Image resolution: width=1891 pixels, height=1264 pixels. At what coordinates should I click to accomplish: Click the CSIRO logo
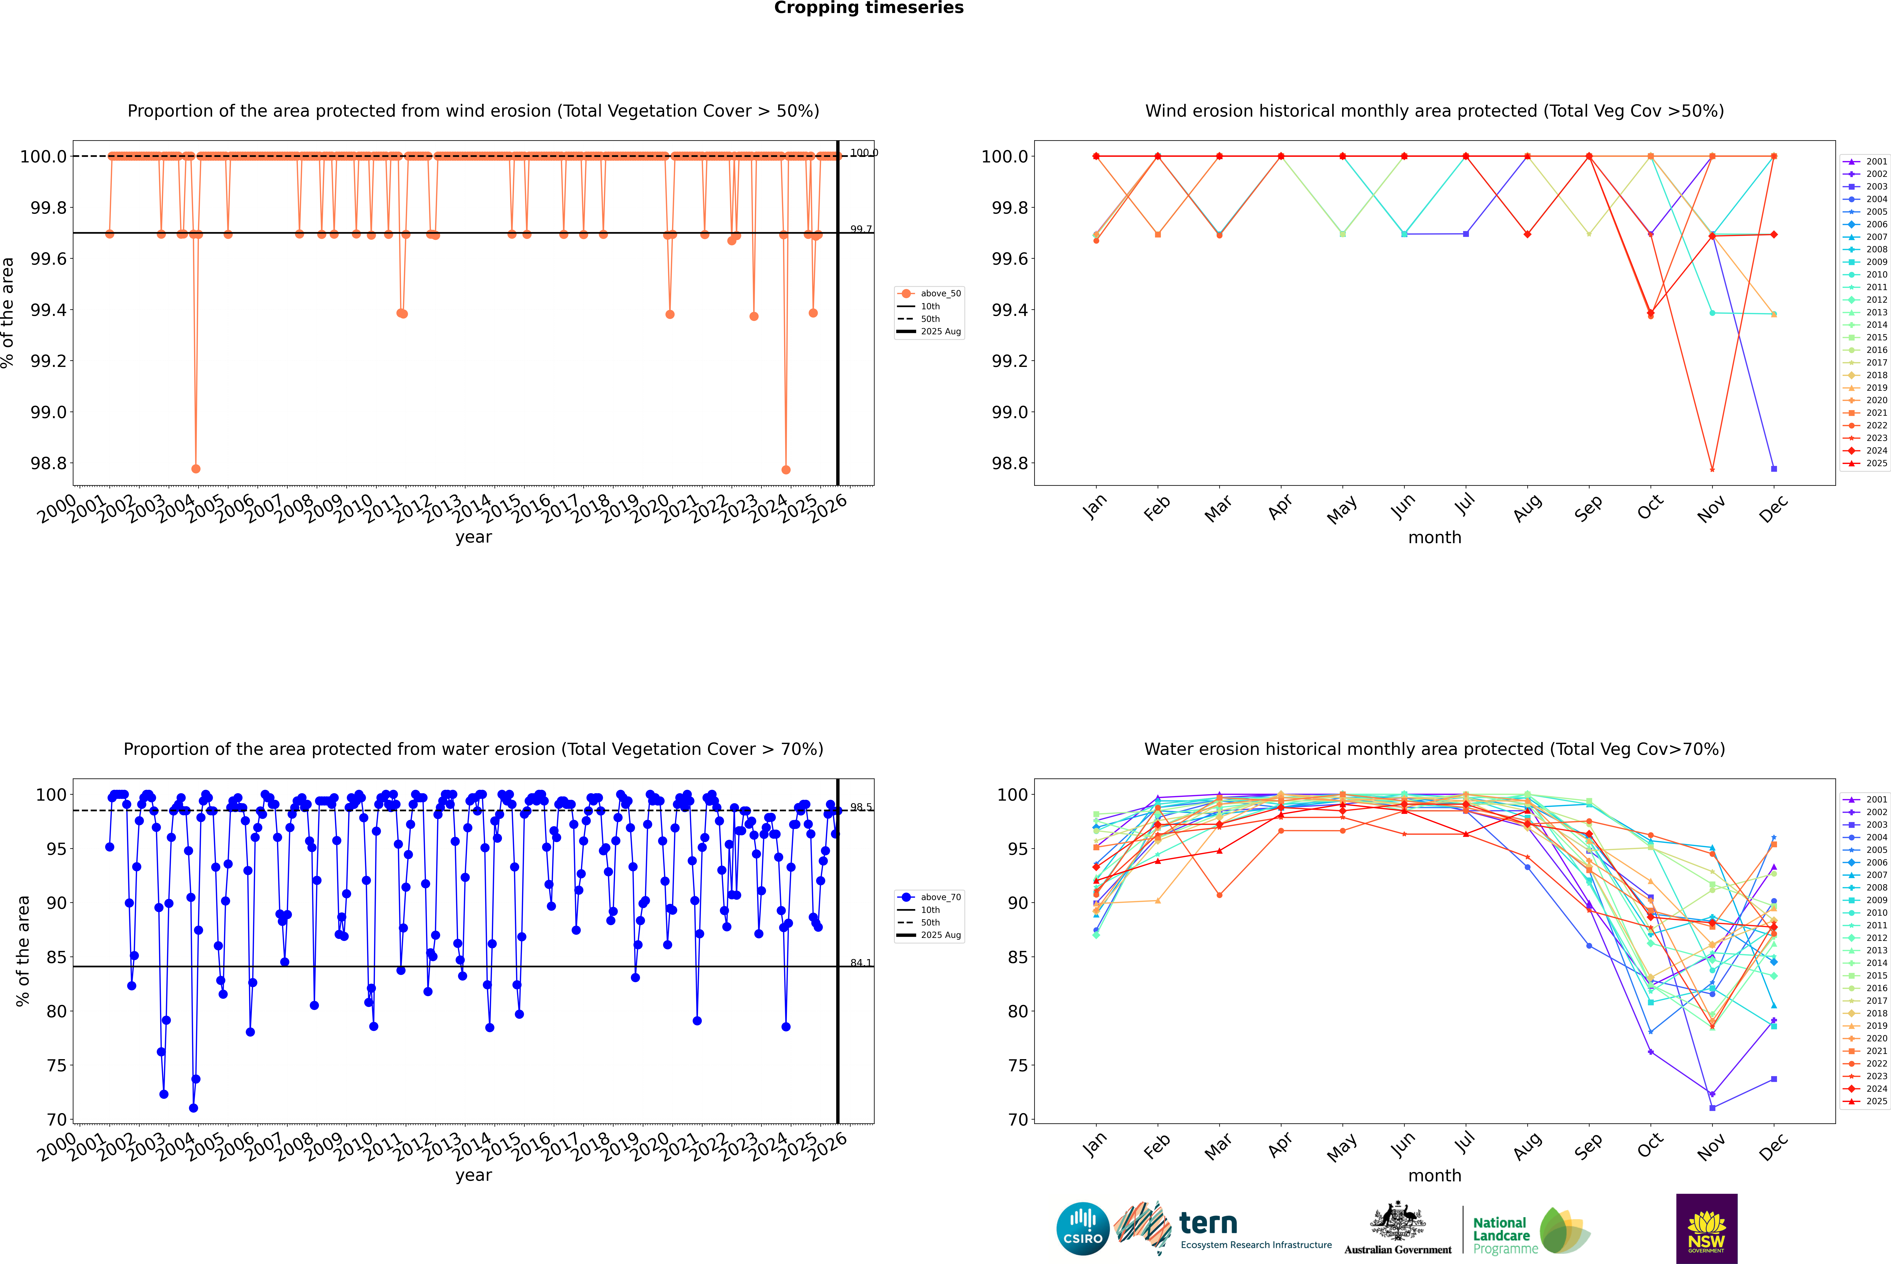click(x=1083, y=1229)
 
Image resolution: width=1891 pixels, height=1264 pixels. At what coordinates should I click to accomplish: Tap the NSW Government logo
click(x=1706, y=1229)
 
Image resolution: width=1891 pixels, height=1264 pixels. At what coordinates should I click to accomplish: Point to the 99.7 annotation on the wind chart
click(x=861, y=230)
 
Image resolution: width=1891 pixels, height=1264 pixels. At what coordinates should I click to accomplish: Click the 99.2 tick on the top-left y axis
click(x=48, y=361)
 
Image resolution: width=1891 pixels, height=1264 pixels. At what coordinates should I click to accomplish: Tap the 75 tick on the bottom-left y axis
click(x=56, y=1066)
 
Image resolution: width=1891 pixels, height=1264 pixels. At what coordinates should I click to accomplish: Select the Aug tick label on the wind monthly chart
click(x=1528, y=508)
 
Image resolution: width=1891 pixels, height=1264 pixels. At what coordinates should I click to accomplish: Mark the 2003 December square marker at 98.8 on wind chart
click(x=1773, y=468)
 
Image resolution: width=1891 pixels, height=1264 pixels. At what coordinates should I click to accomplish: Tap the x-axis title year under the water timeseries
click(x=473, y=1175)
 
